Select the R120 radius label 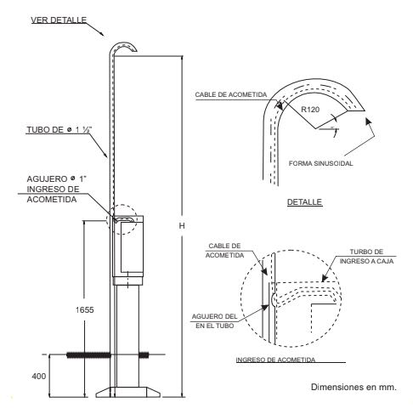tap(312, 110)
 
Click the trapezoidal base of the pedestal tap(131, 391)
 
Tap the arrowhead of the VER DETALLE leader tap(105, 36)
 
